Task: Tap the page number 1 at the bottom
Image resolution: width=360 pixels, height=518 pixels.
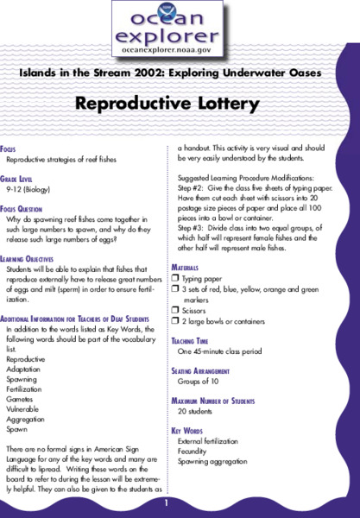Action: tap(179, 502)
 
